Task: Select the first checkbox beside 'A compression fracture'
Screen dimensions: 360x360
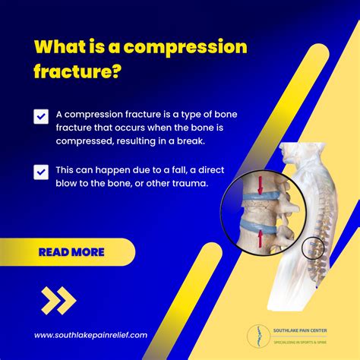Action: tap(41, 116)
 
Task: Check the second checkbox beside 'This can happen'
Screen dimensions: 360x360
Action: tap(41, 172)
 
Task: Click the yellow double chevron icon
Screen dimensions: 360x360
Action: tap(58, 301)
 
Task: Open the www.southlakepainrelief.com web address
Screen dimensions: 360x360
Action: tap(90, 335)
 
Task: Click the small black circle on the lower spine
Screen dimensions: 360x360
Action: tap(312, 248)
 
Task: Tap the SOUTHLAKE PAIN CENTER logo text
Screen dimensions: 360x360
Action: tap(301, 330)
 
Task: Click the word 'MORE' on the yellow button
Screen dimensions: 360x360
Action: tap(88, 252)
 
